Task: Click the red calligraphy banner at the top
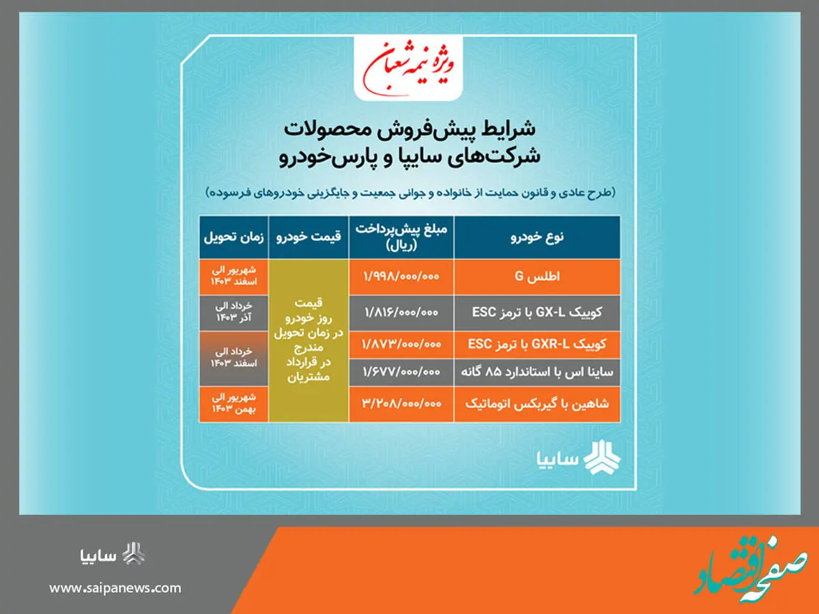tap(408, 68)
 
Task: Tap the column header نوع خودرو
tap(537, 237)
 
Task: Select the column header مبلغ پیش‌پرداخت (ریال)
tap(401, 237)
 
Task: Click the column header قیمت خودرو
tap(308, 237)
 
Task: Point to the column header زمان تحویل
tap(233, 237)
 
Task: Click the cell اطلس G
tap(537, 276)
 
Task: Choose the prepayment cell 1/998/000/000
tap(401, 276)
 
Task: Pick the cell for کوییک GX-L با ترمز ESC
tap(537, 312)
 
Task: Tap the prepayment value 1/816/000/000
tap(401, 312)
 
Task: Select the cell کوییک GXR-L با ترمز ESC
tap(537, 345)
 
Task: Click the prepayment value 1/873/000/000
tap(401, 345)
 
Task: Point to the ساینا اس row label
tap(537, 372)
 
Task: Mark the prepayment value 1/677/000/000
tap(401, 372)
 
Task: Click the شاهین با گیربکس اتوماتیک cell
tap(537, 404)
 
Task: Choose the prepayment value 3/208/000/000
tap(401, 404)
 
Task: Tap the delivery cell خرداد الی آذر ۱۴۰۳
tap(233, 312)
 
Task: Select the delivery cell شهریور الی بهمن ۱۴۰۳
tap(233, 404)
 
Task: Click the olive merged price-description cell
tap(308, 340)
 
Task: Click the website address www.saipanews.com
tap(115, 588)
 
